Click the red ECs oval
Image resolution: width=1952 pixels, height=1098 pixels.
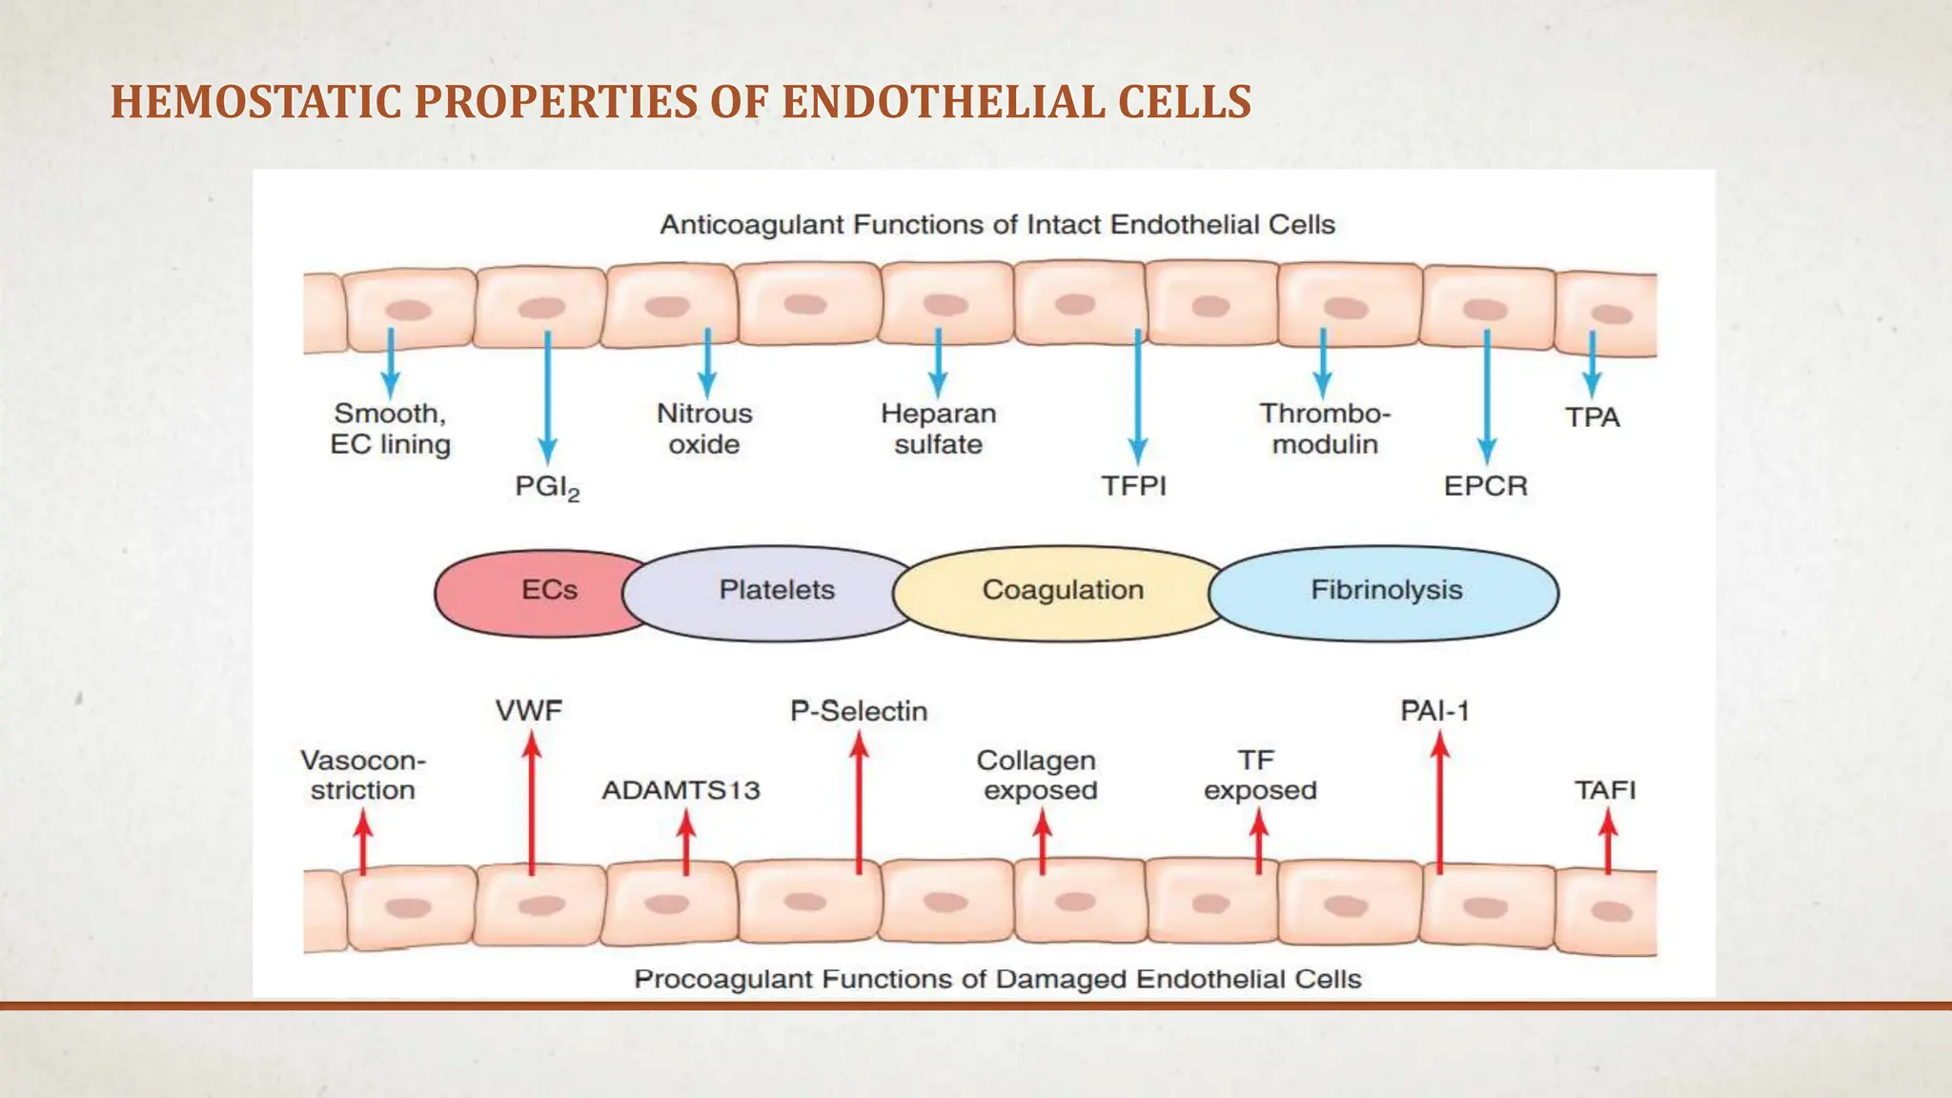coord(534,591)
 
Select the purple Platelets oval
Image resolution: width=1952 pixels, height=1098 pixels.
coord(776,591)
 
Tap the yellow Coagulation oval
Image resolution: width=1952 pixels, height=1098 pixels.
coord(1062,591)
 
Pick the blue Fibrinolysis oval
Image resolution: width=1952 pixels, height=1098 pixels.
coord(1386,591)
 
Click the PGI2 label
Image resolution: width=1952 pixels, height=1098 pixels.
coord(547,487)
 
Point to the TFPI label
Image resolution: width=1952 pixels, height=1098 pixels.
coord(1134,486)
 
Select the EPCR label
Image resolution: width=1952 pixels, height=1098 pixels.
coord(1485,486)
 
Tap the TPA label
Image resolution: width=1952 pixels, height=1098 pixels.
coord(1592,417)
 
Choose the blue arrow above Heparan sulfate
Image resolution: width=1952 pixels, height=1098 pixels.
coord(939,362)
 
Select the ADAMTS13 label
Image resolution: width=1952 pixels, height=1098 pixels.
coord(681,790)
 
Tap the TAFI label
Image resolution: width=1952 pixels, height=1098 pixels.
coord(1605,790)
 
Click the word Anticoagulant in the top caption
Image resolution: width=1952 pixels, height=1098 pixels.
coord(751,225)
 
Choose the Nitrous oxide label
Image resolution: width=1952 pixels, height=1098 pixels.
coord(704,429)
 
